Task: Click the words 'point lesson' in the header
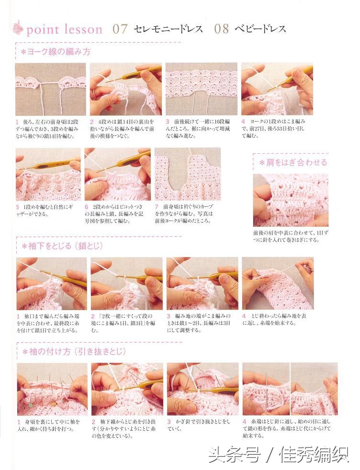click(64, 30)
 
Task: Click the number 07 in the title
click(120, 29)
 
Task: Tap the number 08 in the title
click(222, 29)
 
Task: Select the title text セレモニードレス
click(169, 29)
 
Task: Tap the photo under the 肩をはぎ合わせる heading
click(291, 200)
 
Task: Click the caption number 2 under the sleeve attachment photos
click(93, 422)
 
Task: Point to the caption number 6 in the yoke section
click(87, 206)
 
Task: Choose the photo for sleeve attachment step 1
click(52, 389)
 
